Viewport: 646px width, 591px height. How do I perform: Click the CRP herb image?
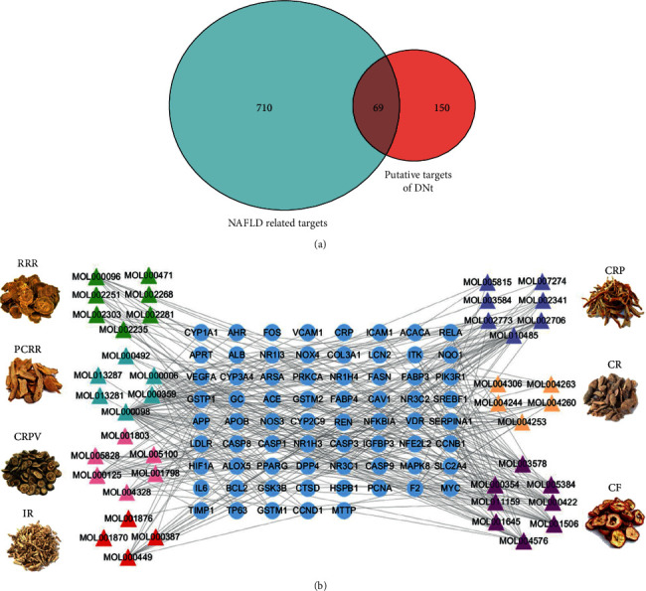[x=612, y=297]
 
